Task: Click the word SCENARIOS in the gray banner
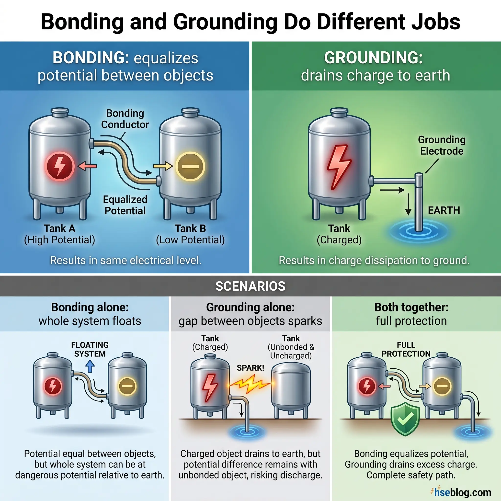[x=250, y=286]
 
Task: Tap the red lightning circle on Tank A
[x=60, y=166]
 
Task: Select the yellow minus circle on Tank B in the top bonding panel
[x=190, y=166]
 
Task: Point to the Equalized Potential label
[x=125, y=205]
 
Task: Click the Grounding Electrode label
[x=442, y=146]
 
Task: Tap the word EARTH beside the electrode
[x=444, y=210]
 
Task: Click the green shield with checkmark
[x=405, y=418]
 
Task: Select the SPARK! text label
[x=250, y=368]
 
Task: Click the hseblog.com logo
[x=461, y=492]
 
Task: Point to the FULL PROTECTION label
[x=406, y=349]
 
